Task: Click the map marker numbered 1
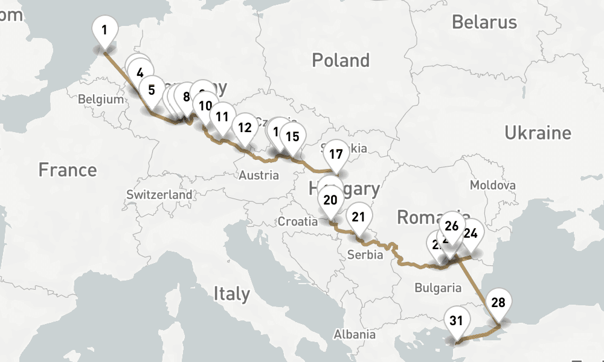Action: (105, 29)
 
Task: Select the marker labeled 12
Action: (245, 127)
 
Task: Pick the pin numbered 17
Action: (336, 154)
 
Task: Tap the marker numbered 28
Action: (498, 302)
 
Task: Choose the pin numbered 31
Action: (456, 320)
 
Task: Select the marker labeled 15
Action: (292, 136)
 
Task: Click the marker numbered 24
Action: (471, 233)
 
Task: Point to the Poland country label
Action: (340, 60)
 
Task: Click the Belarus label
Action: (484, 22)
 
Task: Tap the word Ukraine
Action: (538, 133)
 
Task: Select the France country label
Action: (67, 170)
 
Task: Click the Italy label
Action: (231, 294)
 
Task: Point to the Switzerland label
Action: (159, 195)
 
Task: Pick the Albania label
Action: (355, 334)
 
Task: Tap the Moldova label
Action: (493, 185)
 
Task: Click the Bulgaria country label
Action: (438, 288)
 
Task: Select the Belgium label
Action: (101, 100)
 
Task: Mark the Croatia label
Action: (297, 221)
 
